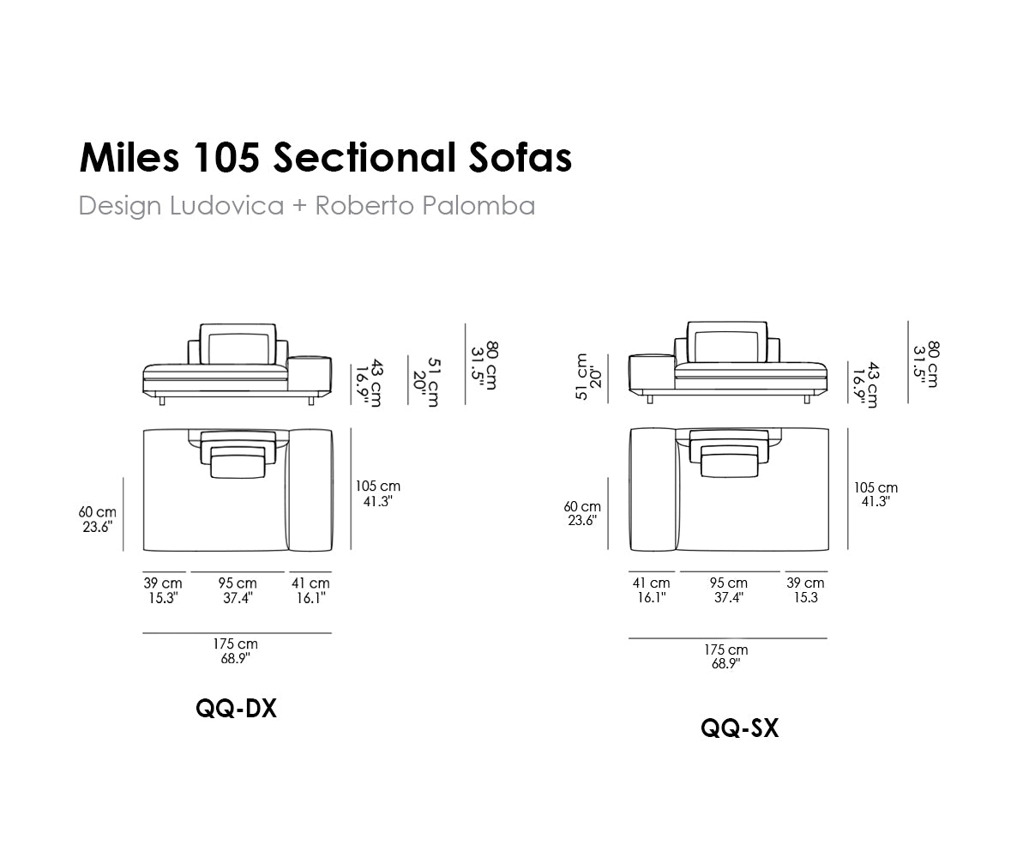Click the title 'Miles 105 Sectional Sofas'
pos(325,158)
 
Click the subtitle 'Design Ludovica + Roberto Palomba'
pos(306,205)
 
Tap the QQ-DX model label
pos(236,709)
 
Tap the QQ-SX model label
pos(740,728)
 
